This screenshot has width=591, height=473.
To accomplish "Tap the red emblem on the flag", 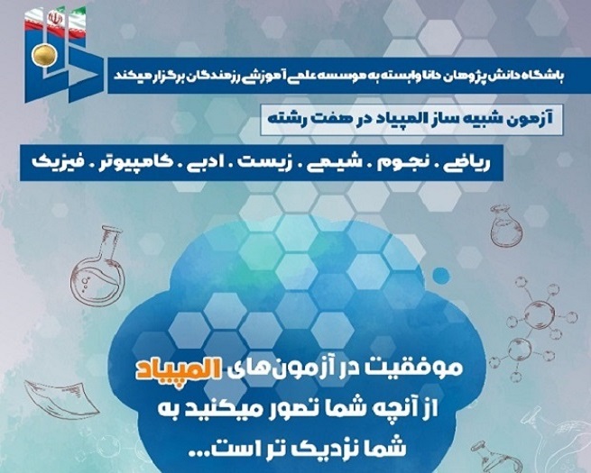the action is click(54, 18).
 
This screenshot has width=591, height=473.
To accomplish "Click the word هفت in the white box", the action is click(325, 119).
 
